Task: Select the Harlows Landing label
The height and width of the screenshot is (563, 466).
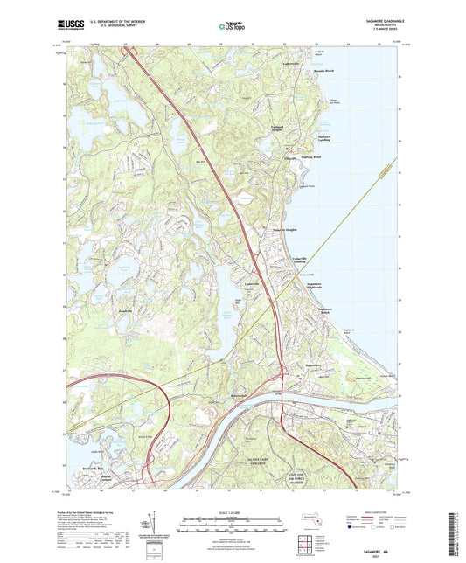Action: [300, 138]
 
